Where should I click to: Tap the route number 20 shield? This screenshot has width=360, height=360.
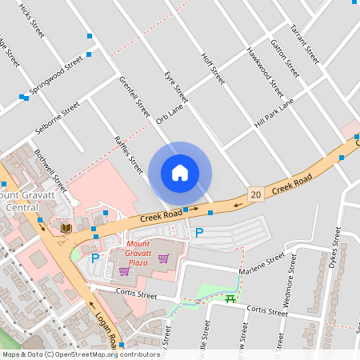256,194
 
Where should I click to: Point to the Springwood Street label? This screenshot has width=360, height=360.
56,74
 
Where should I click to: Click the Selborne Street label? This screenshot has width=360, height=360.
57,118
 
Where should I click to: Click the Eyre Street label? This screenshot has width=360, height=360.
175,86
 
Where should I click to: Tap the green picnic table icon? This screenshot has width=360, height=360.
231,299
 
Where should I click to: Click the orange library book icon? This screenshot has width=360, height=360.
66,229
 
